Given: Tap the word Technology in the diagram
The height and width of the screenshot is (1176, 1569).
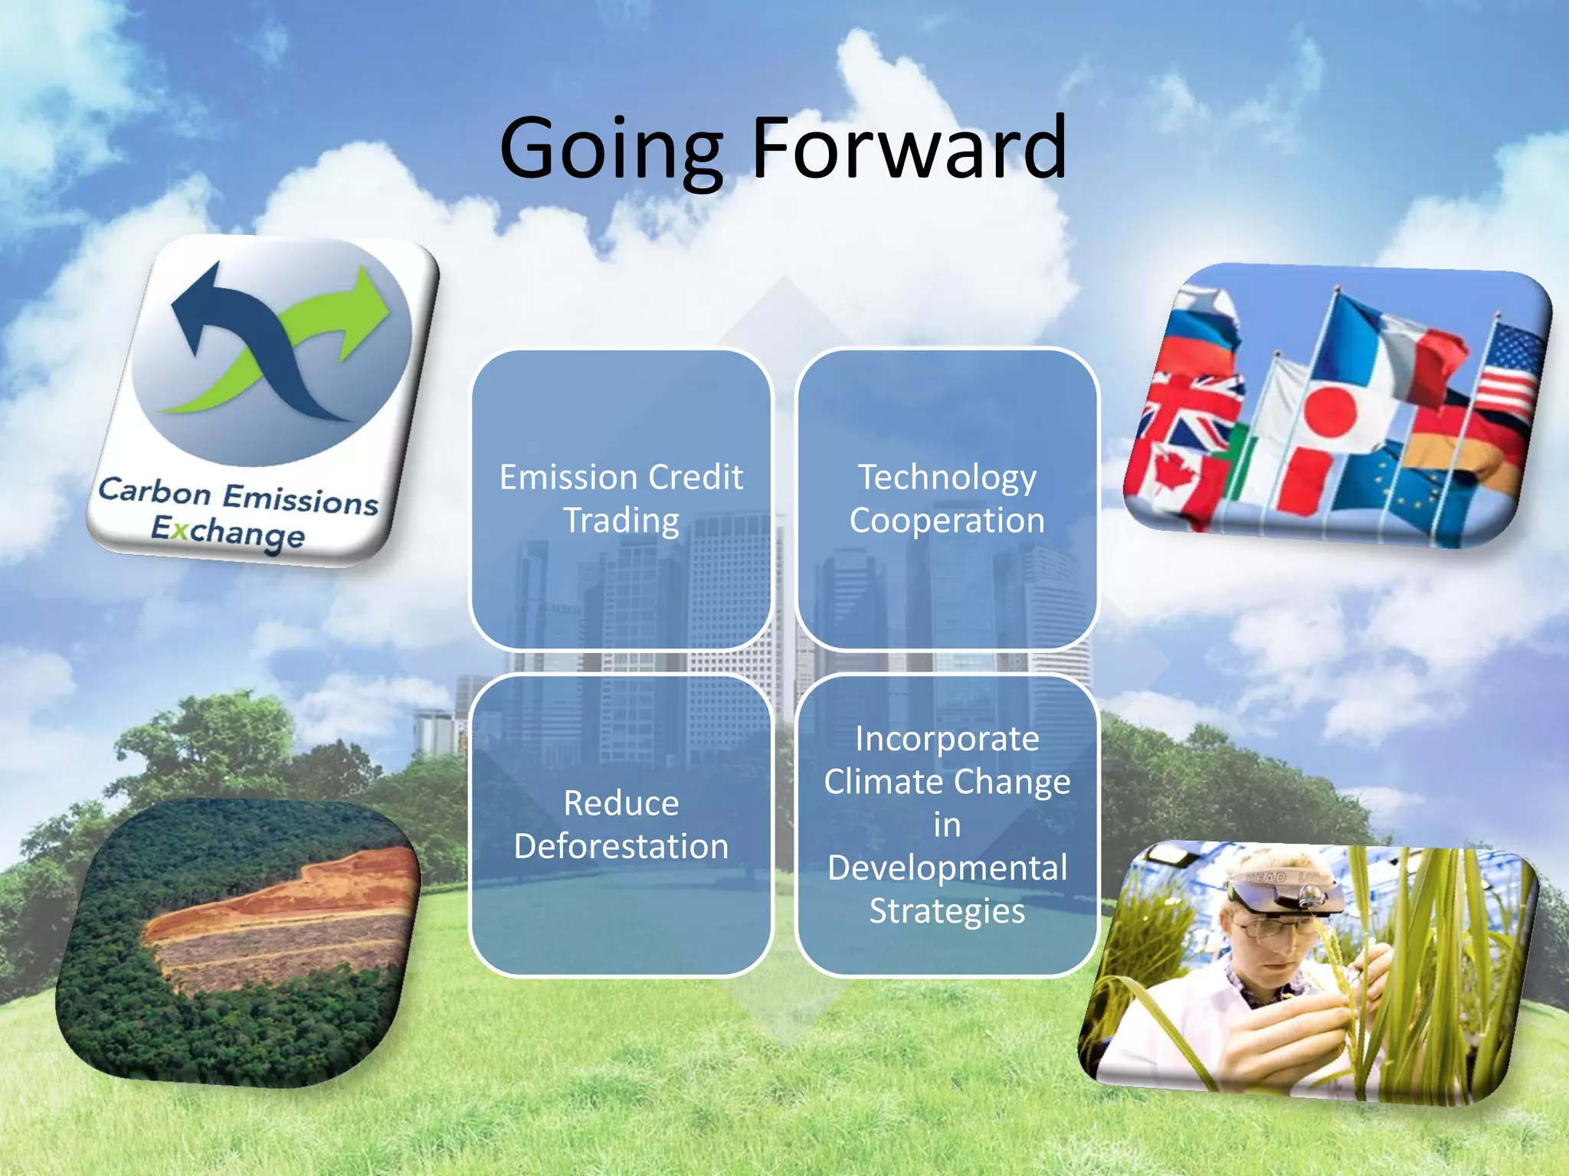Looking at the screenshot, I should point(947,477).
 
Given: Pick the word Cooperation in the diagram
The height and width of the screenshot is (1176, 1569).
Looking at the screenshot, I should point(947,521).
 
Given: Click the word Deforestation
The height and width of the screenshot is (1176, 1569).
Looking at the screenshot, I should point(621,847).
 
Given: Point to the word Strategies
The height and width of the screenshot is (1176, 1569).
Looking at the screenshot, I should point(947,911).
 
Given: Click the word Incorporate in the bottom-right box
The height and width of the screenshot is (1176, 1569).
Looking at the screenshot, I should point(947,739).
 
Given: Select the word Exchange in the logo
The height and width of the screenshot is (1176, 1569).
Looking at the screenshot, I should point(228,531).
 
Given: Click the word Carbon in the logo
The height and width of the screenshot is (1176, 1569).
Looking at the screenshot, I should point(154,492).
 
